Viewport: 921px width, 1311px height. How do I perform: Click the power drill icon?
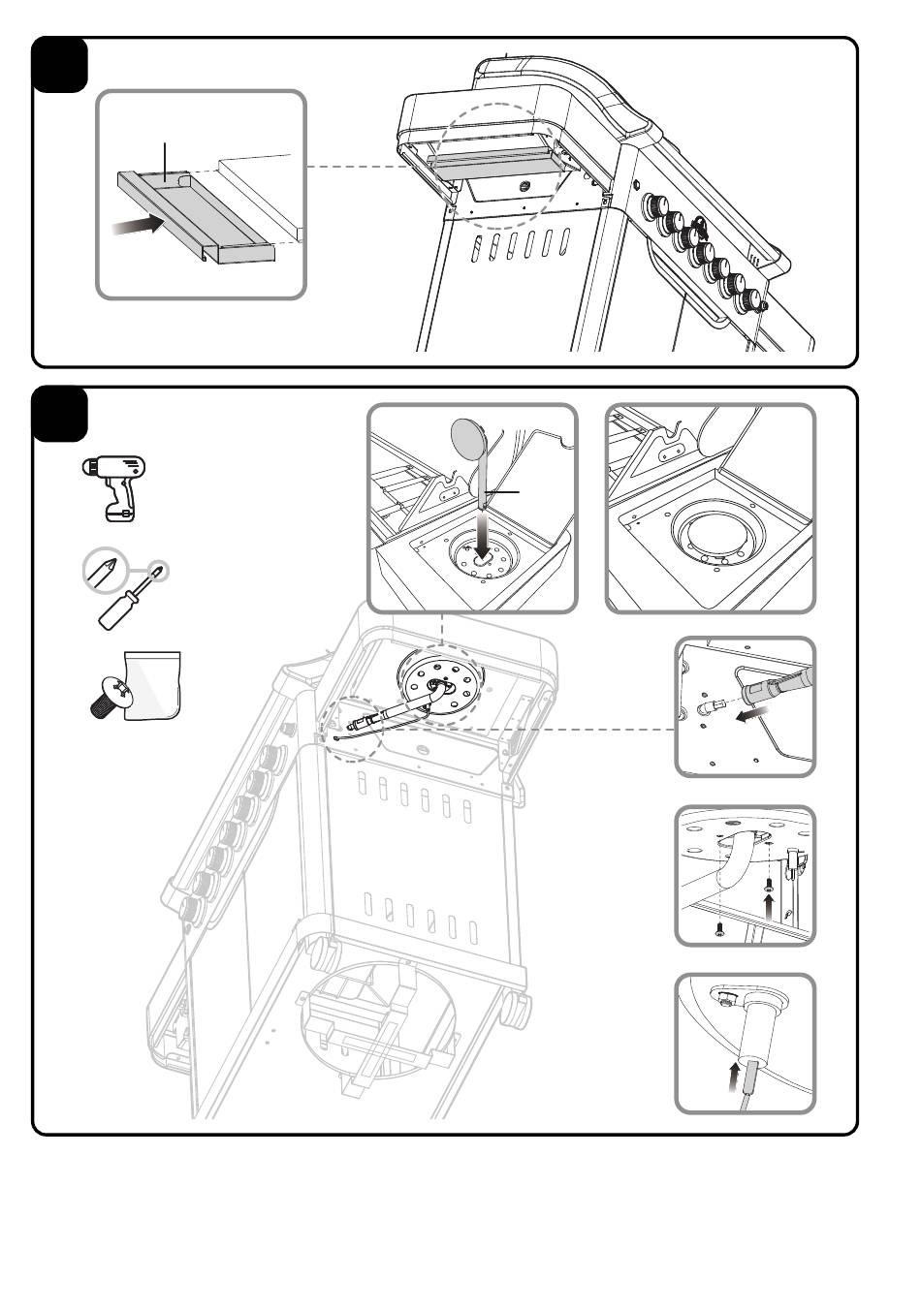tap(112, 484)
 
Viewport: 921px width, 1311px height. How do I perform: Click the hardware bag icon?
tap(153, 684)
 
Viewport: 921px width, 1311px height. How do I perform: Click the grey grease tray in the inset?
tap(199, 214)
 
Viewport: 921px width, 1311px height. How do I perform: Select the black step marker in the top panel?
tap(60, 65)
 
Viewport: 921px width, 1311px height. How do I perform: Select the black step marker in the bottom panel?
tap(60, 415)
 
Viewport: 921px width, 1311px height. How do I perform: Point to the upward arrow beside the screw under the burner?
tap(769, 904)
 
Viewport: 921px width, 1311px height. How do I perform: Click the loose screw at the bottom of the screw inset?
tap(718, 930)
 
